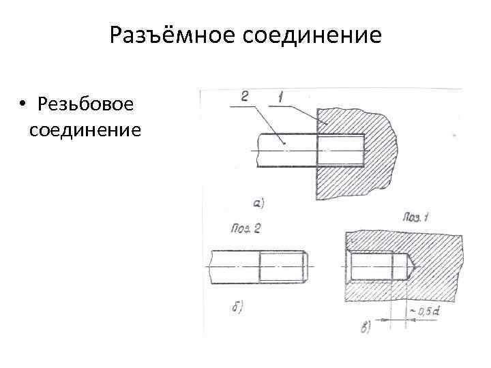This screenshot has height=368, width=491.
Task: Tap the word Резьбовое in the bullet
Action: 87,104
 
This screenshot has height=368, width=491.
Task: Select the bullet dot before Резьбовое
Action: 23,104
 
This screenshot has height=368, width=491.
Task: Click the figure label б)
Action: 238,307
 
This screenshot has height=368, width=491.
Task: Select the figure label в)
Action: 365,328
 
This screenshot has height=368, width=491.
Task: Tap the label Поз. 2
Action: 247,228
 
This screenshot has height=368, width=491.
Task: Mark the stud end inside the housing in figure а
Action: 341,149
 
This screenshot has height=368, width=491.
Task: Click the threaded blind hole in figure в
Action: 372,263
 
